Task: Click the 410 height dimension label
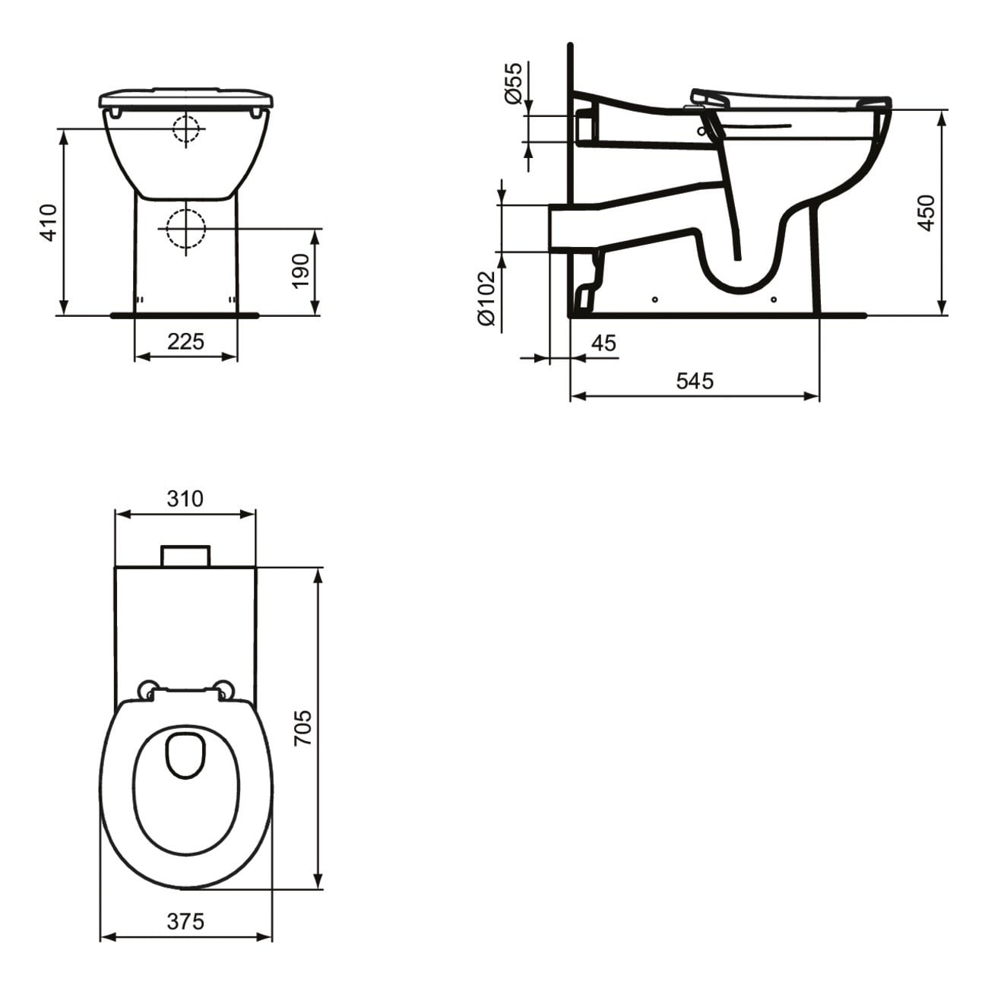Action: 49,223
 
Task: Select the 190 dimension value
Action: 301,271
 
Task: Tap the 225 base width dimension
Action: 185,341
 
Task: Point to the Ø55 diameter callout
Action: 515,83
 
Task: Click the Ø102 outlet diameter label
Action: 486,299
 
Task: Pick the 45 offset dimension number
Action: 603,343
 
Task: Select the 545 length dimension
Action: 695,381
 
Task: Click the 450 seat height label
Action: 926,213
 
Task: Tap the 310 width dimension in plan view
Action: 185,499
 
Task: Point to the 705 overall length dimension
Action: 303,727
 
